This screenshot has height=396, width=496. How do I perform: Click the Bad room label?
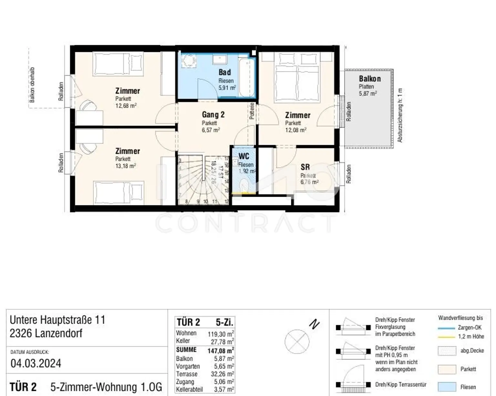pyautogui.click(x=224, y=72)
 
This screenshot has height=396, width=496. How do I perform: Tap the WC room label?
pyautogui.click(x=244, y=156)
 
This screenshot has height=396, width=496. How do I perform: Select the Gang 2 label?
pyautogui.click(x=213, y=115)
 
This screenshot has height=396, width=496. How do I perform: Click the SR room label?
pyautogui.click(x=305, y=167)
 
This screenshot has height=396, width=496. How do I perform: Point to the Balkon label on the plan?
pyautogui.click(x=370, y=79)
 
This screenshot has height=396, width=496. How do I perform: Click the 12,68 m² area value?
pyautogui.click(x=126, y=106)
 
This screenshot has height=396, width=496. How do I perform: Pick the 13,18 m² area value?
pyautogui.click(x=126, y=166)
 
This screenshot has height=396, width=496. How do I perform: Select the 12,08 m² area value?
pyautogui.click(x=295, y=130)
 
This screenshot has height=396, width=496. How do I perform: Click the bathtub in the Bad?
pyautogui.click(x=247, y=77)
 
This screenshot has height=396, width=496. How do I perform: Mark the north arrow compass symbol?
pyautogui.click(x=297, y=341)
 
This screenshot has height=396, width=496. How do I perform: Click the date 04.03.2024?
pyautogui.click(x=36, y=363)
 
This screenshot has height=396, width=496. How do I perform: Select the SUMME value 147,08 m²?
pyautogui.click(x=221, y=350)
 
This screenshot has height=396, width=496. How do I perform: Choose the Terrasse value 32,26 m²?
pyautogui.click(x=221, y=374)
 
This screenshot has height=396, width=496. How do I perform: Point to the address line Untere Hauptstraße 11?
pyautogui.click(x=57, y=320)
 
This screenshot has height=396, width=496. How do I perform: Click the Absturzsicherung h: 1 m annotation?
pyautogui.click(x=400, y=116)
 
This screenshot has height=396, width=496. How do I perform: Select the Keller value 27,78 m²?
pyautogui.click(x=221, y=341)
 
